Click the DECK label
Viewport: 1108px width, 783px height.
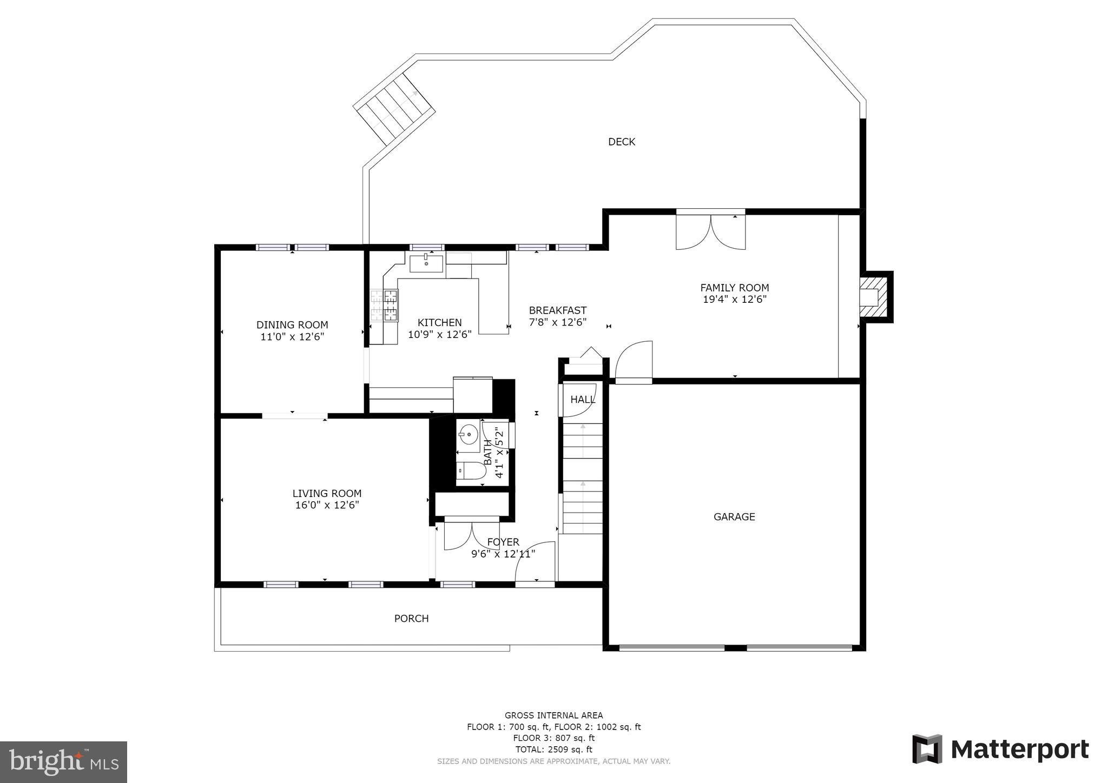point(622,142)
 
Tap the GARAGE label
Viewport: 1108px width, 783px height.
point(734,516)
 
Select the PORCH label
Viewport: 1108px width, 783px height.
point(411,618)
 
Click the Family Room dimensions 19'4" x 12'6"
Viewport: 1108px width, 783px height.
point(735,299)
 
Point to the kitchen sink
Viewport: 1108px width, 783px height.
point(426,264)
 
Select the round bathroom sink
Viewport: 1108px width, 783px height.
point(468,433)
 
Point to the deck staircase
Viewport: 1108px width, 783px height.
point(394,108)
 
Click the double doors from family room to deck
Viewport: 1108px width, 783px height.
point(711,231)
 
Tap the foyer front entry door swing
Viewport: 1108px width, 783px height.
point(535,562)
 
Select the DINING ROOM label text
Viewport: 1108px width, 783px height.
point(292,325)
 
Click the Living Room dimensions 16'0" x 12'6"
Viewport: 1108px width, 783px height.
point(327,505)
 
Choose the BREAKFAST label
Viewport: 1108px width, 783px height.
point(558,310)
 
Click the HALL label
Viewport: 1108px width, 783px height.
point(583,400)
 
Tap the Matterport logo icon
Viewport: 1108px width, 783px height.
point(927,749)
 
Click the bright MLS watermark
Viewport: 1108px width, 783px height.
point(64,761)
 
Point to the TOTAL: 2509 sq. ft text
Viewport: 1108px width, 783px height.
point(553,749)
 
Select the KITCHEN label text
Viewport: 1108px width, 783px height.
point(439,323)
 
